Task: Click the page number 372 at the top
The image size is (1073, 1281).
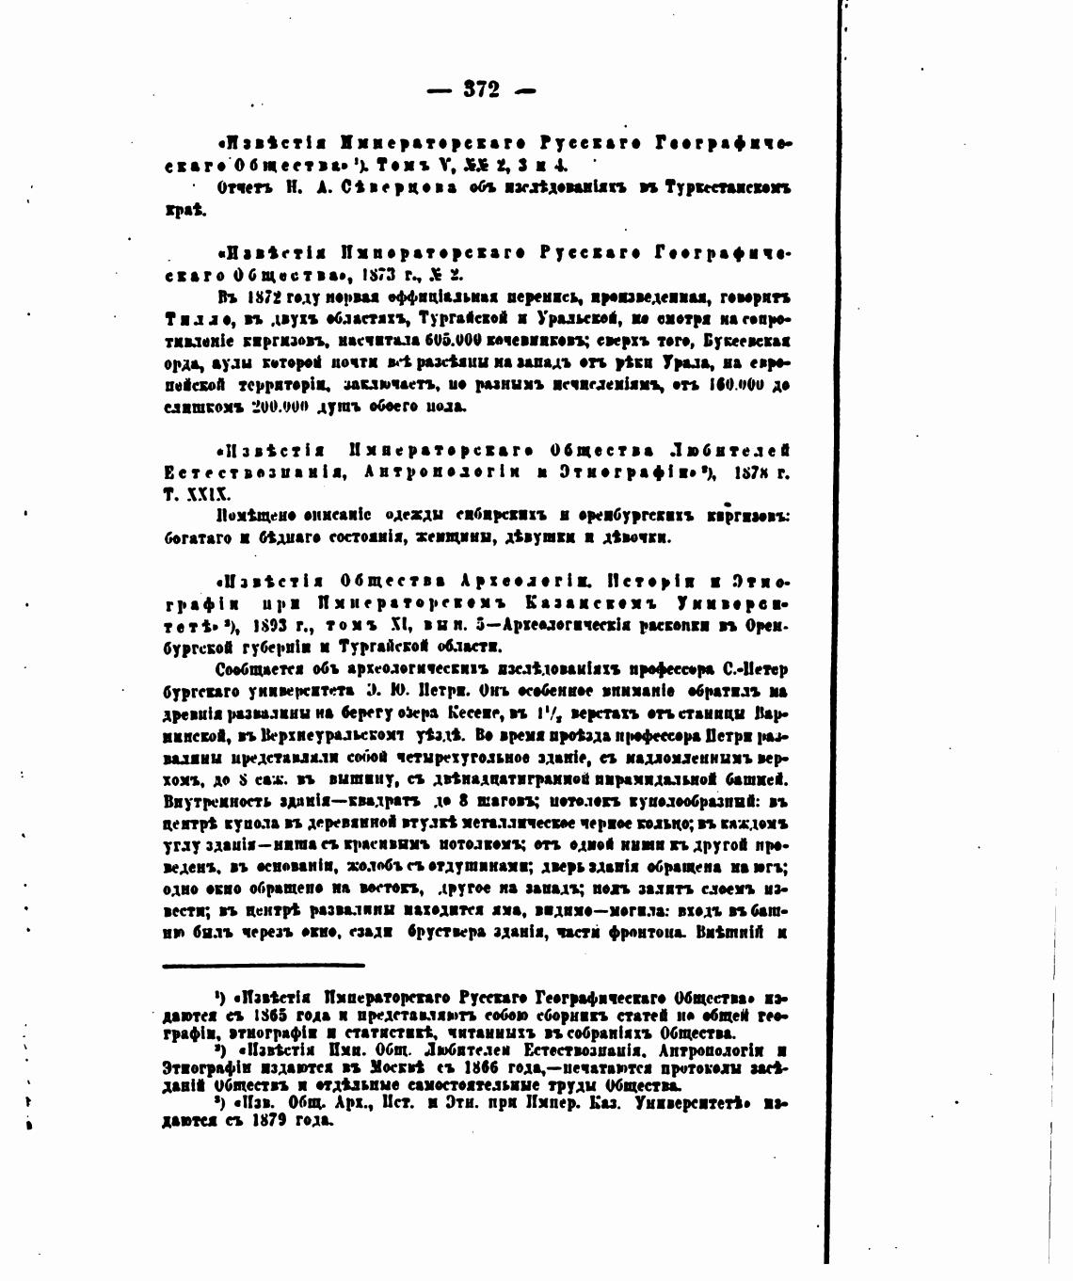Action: click(x=481, y=90)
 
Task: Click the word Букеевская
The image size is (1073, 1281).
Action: click(x=742, y=341)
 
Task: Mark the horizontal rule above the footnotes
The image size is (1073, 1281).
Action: click(x=263, y=964)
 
